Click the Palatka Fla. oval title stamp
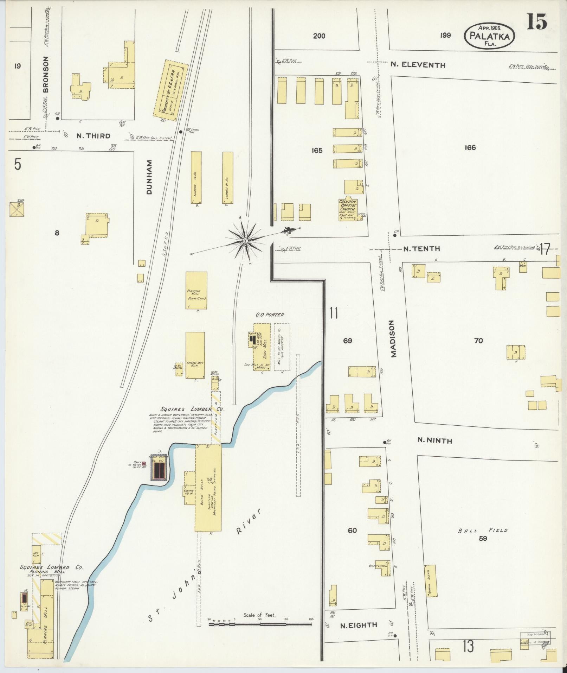[x=489, y=36]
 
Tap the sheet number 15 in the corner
[x=537, y=22]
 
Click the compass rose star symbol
[x=245, y=241]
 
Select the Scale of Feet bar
[x=260, y=624]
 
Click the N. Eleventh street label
[x=418, y=65]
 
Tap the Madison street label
[x=393, y=339]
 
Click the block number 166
[x=470, y=147]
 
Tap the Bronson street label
[x=46, y=74]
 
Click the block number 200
[x=319, y=36]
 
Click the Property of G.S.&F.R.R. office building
[x=171, y=91]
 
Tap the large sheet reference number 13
[x=468, y=646]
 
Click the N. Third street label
[x=93, y=136]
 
